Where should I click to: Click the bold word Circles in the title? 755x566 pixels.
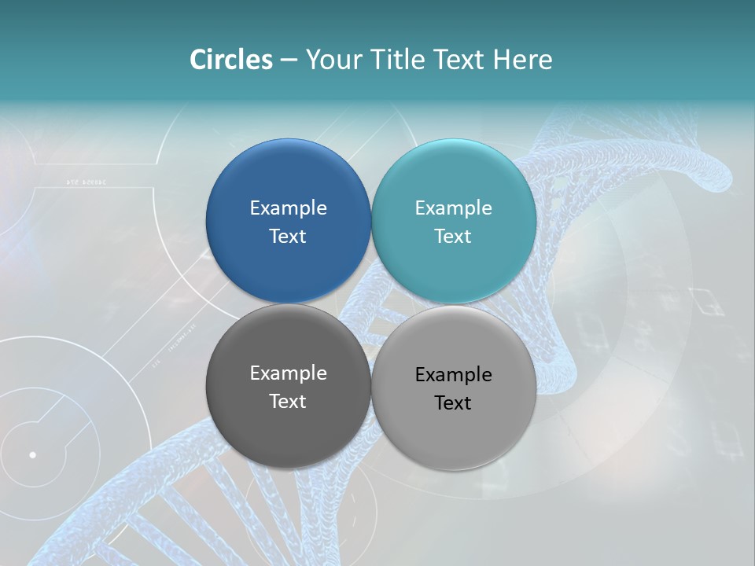pyautogui.click(x=231, y=60)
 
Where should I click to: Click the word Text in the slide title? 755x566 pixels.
pyautogui.click(x=460, y=60)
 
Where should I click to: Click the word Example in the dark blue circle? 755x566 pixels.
pyautogui.click(x=288, y=208)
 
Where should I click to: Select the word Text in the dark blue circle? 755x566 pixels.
pyautogui.click(x=288, y=237)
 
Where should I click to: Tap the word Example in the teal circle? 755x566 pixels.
pyautogui.click(x=453, y=208)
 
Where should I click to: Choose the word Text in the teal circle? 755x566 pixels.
pyautogui.click(x=453, y=237)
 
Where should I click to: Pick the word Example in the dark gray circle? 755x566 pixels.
pyautogui.click(x=288, y=373)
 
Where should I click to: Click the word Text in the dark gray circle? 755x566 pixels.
pyautogui.click(x=288, y=402)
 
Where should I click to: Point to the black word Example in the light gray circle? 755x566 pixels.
pyautogui.click(x=453, y=375)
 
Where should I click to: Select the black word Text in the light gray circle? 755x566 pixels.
pyautogui.click(x=453, y=403)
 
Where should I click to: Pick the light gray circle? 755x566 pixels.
pyautogui.click(x=453, y=440)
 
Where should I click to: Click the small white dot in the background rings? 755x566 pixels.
pyautogui.click(x=33, y=454)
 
